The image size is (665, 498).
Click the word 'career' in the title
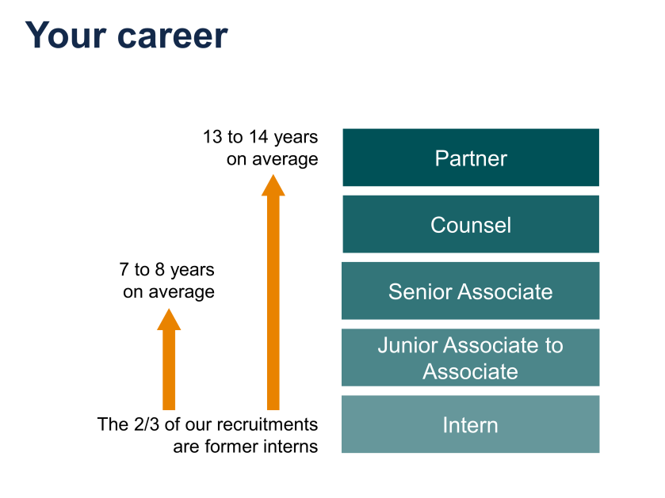click(174, 36)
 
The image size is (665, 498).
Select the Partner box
click(471, 158)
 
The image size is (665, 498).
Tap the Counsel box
click(471, 224)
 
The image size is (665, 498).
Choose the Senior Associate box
click(471, 291)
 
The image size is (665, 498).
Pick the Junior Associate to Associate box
click(471, 358)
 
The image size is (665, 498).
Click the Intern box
click(471, 424)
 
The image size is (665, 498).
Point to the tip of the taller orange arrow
click(273, 177)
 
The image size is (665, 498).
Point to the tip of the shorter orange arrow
click(169, 310)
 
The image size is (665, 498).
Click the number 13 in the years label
click(212, 137)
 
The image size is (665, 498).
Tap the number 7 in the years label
click(125, 270)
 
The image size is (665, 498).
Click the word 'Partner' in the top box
click(471, 158)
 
